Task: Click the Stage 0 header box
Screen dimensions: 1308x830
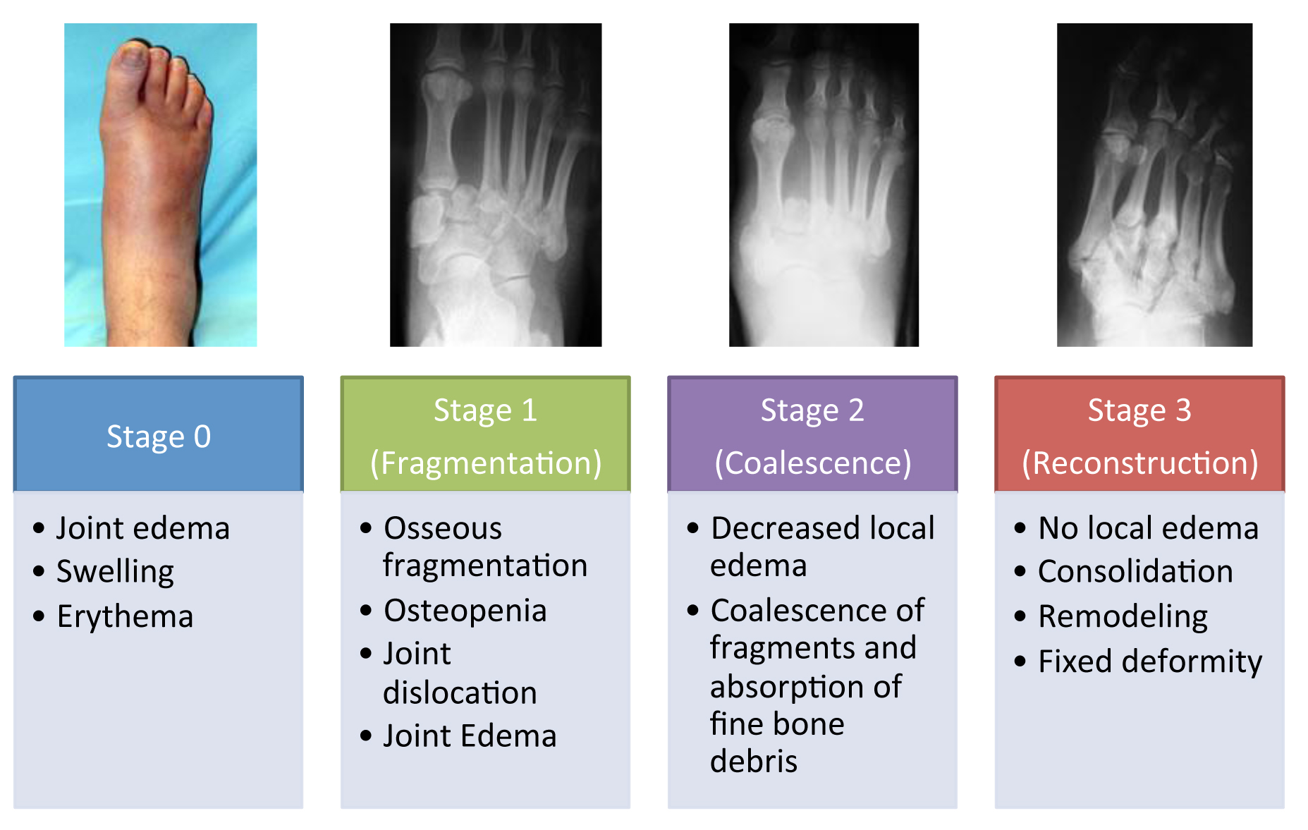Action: [x=159, y=434]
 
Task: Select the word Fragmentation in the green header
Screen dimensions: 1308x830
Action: [x=486, y=463]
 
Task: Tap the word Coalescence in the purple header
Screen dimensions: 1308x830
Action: [x=813, y=463]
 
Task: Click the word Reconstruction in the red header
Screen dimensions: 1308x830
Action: [x=1140, y=463]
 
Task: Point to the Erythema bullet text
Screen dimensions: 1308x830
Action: [x=126, y=616]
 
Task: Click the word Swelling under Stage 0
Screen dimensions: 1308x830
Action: [x=116, y=572]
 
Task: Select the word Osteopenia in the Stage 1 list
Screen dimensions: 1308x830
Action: [x=465, y=611]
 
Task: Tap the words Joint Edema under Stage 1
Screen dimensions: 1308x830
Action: [x=470, y=736]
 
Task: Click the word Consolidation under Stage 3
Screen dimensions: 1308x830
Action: [x=1136, y=571]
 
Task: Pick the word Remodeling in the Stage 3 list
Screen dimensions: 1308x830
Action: [x=1123, y=617]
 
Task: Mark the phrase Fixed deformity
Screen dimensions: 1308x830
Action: [x=1151, y=662]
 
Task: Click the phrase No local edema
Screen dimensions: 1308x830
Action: [x=1149, y=527]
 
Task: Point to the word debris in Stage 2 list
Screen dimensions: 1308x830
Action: [x=754, y=762]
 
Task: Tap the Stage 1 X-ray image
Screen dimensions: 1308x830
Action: [x=496, y=185]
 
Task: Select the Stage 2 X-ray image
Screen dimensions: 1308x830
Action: [x=824, y=185]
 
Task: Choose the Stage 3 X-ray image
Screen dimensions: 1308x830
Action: [x=1154, y=185]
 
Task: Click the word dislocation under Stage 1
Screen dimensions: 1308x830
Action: [x=460, y=692]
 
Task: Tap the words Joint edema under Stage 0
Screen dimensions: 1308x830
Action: [x=143, y=528]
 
